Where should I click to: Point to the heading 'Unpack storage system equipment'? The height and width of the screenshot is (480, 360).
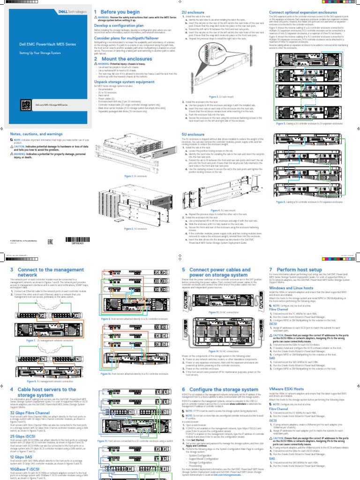[x=124, y=81]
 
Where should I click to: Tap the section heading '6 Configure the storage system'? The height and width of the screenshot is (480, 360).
[x=219, y=390]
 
